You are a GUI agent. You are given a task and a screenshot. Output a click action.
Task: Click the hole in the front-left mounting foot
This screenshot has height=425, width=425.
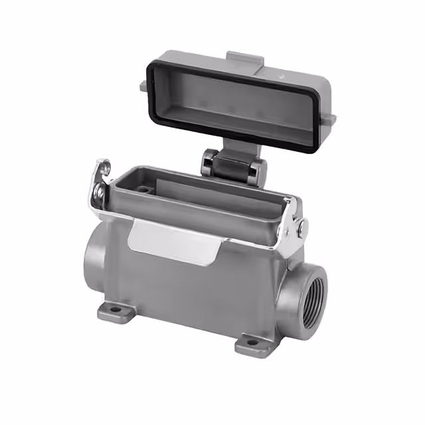pyautogui.click(x=110, y=309)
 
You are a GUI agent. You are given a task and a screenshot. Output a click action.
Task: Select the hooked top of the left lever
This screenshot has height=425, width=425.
pyautogui.click(x=102, y=166)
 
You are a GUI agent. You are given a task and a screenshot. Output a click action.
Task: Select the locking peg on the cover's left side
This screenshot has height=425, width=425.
pyautogui.click(x=144, y=85)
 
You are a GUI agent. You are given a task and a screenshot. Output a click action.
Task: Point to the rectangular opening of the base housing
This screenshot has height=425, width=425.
pyautogui.click(x=199, y=189)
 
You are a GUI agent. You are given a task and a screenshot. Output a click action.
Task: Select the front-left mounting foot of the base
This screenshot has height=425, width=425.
pyautogui.click(x=113, y=311)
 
